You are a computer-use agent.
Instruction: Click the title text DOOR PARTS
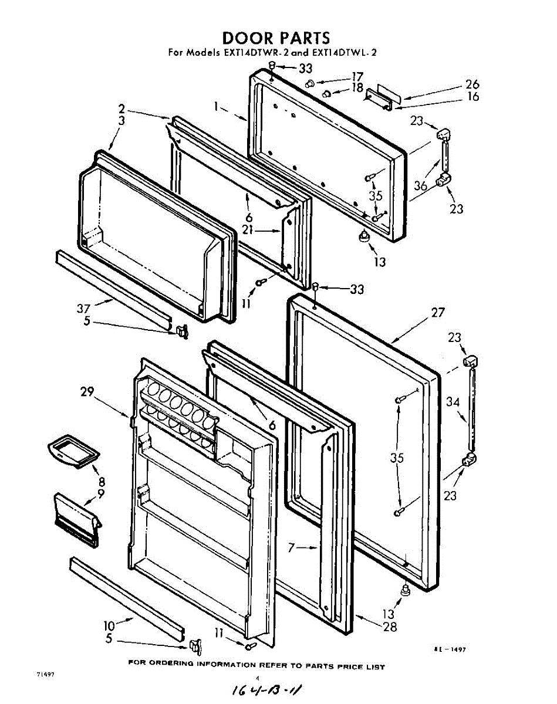[x=276, y=38]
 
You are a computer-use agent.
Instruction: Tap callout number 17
[x=357, y=77]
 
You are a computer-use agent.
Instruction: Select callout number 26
[x=472, y=84]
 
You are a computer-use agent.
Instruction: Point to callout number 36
[x=420, y=185]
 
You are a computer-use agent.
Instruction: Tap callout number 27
[x=438, y=313]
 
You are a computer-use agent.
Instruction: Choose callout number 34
[x=452, y=402]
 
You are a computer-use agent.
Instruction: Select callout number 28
[x=390, y=627]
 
